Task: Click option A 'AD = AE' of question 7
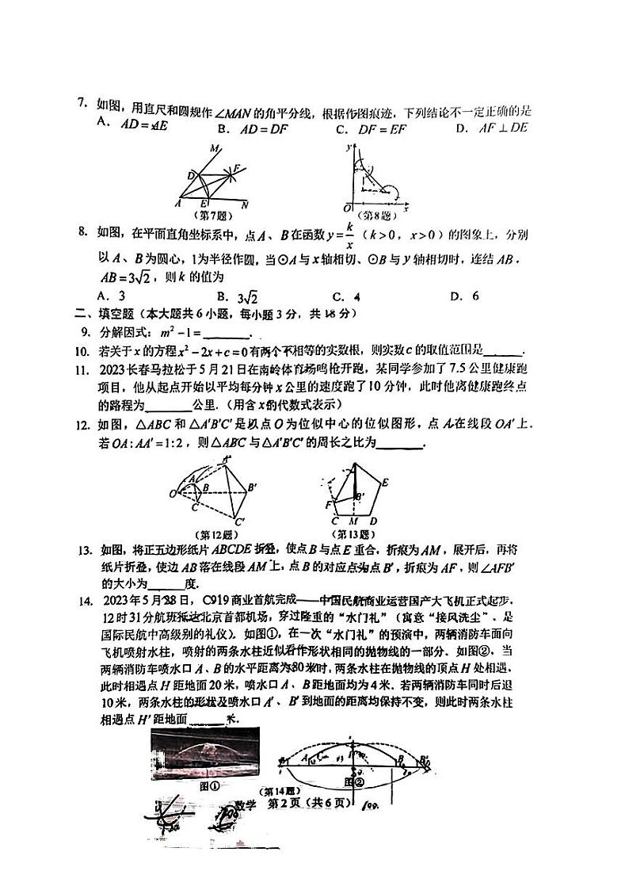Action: (142, 124)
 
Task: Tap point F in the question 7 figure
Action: (235, 168)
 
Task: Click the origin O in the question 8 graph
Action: (346, 207)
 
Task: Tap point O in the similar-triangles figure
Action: (172, 494)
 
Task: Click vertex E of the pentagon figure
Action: (385, 482)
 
